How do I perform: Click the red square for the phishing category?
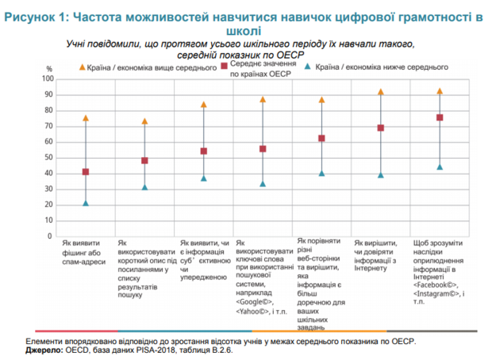tap(86, 172)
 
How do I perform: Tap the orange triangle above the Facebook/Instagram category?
tap(440, 92)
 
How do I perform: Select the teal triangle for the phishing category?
tap(86, 203)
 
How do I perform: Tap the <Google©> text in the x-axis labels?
tap(255, 302)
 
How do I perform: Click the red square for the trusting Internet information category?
tap(381, 128)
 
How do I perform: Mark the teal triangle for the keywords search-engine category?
tap(263, 184)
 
